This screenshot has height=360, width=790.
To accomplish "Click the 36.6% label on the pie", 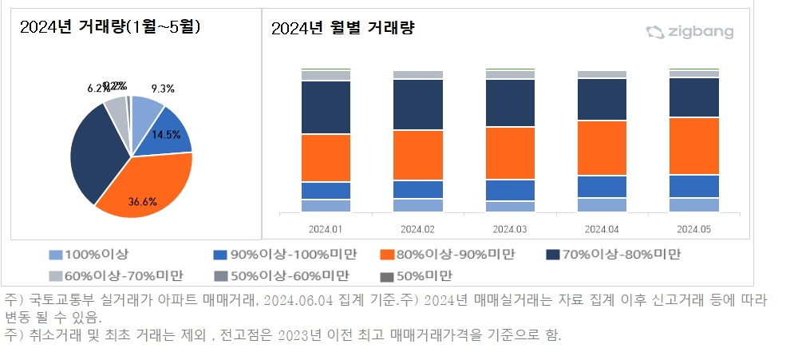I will (x=142, y=201).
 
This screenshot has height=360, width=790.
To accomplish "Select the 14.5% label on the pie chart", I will (x=166, y=135).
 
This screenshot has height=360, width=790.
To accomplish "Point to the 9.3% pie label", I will (x=163, y=89).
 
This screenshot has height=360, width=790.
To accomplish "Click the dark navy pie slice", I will (x=92, y=156).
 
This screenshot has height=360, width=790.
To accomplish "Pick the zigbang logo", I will (x=690, y=32).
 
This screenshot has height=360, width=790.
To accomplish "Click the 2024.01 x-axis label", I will (x=326, y=228).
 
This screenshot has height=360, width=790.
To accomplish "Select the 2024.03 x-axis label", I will (x=510, y=228).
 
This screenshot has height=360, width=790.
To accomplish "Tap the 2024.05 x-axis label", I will (x=694, y=228).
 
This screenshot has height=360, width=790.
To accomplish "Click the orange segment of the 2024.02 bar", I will (x=417, y=155).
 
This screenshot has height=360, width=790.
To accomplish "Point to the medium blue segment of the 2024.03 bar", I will (x=510, y=190).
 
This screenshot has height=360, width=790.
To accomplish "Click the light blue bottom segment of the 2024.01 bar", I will (x=326, y=205).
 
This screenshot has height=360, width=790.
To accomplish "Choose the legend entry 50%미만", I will (x=422, y=275).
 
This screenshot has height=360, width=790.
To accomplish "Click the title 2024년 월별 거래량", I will (x=343, y=29).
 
